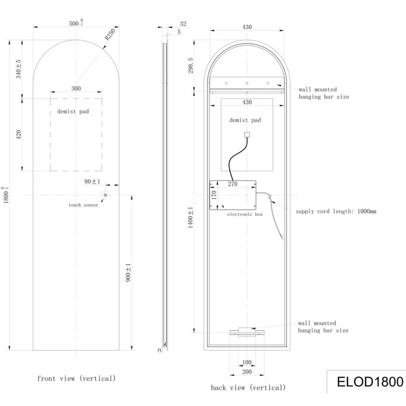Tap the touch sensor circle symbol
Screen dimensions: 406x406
pos(106,195)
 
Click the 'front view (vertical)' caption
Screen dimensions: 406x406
pos(76,378)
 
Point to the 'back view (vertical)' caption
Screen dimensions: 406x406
pos(248,388)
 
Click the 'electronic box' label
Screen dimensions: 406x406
pos(245,215)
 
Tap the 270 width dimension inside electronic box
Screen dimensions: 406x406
pos(233,184)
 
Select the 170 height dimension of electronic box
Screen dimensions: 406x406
pos(214,195)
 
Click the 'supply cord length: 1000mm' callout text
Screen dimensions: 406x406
pos(336,211)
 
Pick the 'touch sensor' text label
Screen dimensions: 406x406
pos(83,205)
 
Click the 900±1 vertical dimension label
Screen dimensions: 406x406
pos(128,273)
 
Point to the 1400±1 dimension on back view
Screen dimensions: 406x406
pos(191,217)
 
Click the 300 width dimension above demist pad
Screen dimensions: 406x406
pos(76,88)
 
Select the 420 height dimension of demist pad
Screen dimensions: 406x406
pos(19,135)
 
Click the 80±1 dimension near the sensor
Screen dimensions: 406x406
pos(92,181)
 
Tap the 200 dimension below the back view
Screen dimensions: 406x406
pos(246,371)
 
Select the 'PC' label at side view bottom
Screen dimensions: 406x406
pos(160,351)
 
